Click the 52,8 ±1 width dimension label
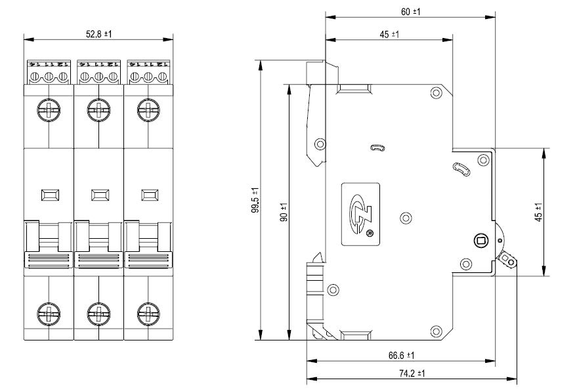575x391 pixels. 98,33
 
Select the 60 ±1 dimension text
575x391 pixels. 410,12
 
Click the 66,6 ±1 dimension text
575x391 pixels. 400,355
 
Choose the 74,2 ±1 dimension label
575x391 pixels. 411,373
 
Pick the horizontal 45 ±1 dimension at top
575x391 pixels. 390,34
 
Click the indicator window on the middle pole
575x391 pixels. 100,195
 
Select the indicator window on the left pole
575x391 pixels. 50,195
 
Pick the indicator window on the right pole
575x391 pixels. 150,195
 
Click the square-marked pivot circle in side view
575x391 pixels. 480,241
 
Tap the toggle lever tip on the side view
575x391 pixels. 509,260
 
